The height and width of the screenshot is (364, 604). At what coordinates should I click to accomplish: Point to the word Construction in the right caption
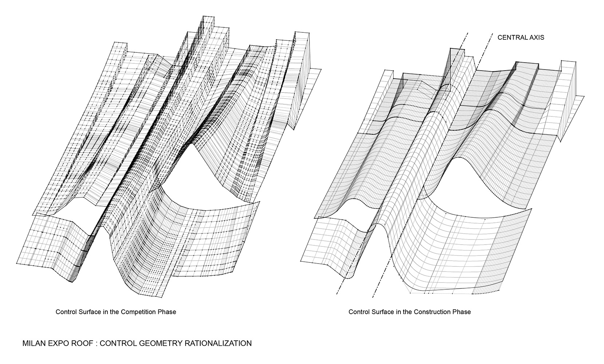tap(431, 312)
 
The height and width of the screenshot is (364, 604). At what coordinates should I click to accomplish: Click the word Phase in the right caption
tap(462, 312)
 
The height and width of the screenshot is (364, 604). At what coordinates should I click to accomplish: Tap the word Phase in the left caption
tap(167, 312)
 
